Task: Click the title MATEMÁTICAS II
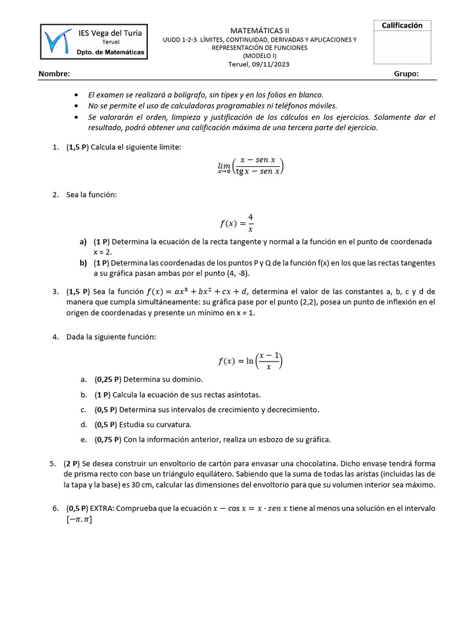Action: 259,30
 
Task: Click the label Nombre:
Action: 54,74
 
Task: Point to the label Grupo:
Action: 406,74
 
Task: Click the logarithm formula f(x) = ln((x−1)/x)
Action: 250,361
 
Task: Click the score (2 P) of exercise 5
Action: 71,463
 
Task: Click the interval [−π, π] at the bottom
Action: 79,519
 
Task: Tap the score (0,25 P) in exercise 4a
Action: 108,380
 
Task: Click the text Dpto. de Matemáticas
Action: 110,52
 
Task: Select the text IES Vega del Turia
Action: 110,33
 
